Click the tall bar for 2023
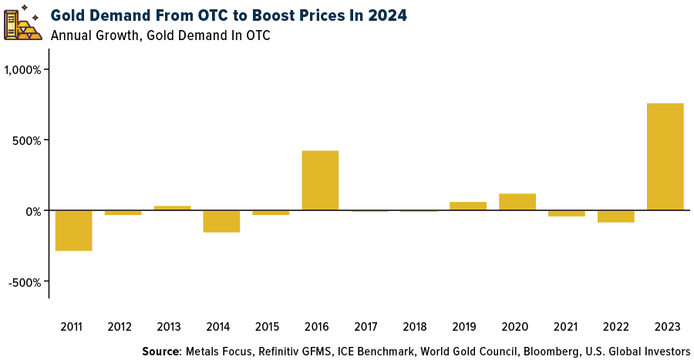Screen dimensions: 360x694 pos(665,156)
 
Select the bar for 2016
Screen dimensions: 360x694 pos(320,180)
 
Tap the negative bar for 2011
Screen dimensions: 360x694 pos(74,230)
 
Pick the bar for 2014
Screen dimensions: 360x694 pos(221,221)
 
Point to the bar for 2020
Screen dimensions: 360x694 pos(517,202)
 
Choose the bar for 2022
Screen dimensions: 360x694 pos(615,216)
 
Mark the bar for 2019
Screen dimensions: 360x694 pos(468,206)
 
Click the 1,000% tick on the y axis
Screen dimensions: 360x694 pos(25,69)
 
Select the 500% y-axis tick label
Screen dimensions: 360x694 pos(30,140)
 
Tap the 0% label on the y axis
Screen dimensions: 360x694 pos(35,210)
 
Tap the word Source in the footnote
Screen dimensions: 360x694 pos(160,352)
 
